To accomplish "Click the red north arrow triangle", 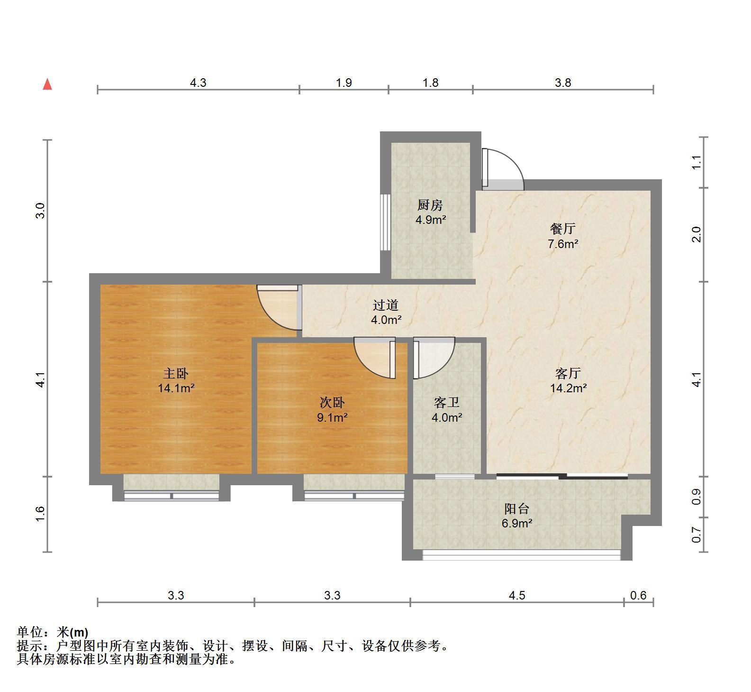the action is point(47,84).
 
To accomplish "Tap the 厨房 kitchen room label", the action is point(430,205).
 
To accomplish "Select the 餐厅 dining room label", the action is point(563,229).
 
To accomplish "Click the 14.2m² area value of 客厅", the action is point(569,388).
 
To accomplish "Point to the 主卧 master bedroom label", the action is point(176,374).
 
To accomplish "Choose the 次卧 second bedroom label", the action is point(332,403).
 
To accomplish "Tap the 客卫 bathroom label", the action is point(447,403).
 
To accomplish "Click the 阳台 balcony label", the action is point(516,509).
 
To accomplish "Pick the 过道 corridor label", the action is point(386,305).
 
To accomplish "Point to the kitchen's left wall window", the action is point(386,222).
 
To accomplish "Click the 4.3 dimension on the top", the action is point(198,83).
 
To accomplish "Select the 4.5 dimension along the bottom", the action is point(517,595).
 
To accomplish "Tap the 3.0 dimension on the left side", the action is point(41,210).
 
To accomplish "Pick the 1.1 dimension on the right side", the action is point(696,162).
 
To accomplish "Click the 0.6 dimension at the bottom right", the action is point(639,595).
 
